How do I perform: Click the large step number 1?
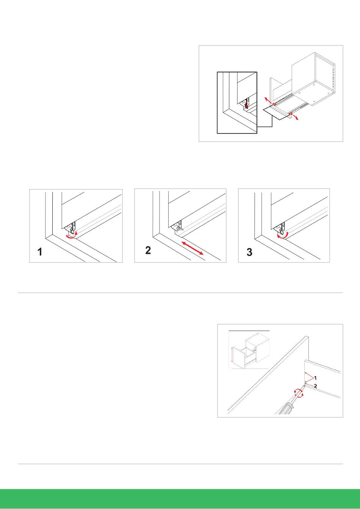click(x=40, y=252)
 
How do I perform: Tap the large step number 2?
click(x=148, y=250)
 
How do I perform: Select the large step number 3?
click(x=249, y=252)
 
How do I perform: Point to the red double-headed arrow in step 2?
click(x=193, y=248)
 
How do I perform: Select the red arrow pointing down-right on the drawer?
click(x=295, y=117)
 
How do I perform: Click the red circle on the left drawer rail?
click(x=274, y=104)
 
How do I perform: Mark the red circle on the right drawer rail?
click(x=291, y=113)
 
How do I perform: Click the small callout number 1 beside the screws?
click(x=315, y=378)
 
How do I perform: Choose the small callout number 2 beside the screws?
click(x=315, y=386)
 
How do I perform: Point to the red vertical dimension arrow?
click(x=232, y=358)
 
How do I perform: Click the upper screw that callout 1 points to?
click(x=306, y=373)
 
